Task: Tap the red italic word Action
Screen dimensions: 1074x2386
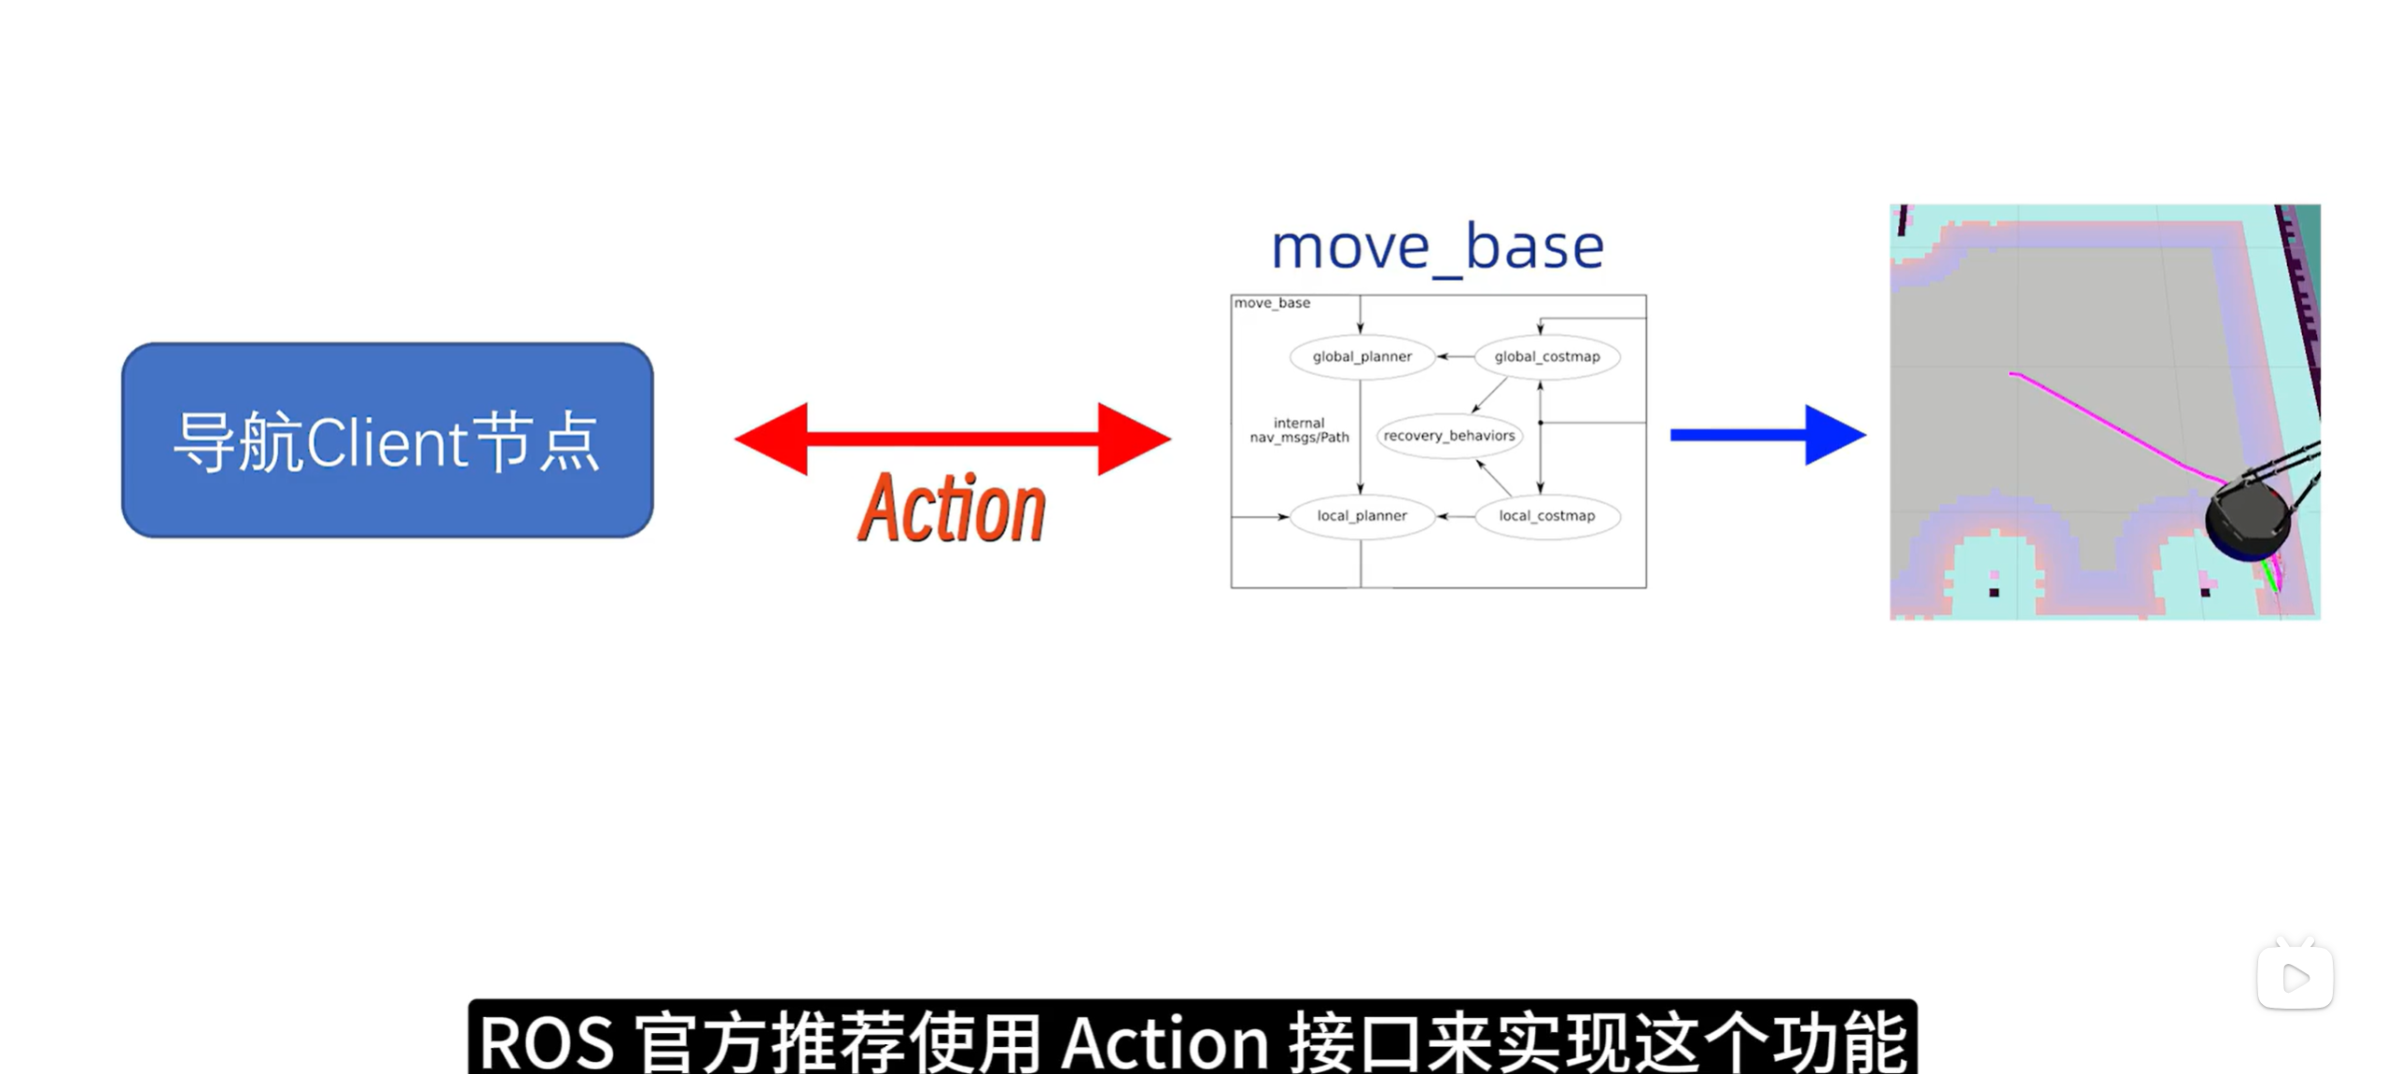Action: tap(951, 508)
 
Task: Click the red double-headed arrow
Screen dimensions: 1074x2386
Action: tap(952, 438)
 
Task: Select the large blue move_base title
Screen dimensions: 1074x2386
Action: tap(1437, 247)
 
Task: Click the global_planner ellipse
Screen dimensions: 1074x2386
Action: tap(1361, 356)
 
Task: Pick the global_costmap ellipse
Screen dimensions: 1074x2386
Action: tap(1546, 356)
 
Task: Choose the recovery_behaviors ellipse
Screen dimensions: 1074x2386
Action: tap(1448, 436)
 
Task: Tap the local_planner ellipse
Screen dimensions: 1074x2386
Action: tap(1361, 516)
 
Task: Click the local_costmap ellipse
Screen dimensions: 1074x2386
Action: tap(1546, 516)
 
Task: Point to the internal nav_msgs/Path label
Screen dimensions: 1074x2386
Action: tap(1299, 430)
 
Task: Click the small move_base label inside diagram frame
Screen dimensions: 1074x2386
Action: tap(1272, 303)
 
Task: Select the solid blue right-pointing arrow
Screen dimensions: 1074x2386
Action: tap(1765, 435)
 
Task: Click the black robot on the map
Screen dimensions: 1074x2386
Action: tap(2247, 519)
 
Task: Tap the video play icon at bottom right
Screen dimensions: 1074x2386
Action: tap(2295, 977)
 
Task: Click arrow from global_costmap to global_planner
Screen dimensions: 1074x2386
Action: tap(1455, 356)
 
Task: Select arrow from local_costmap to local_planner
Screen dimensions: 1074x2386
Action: tap(1455, 516)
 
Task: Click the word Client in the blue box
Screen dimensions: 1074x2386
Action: tap(386, 443)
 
